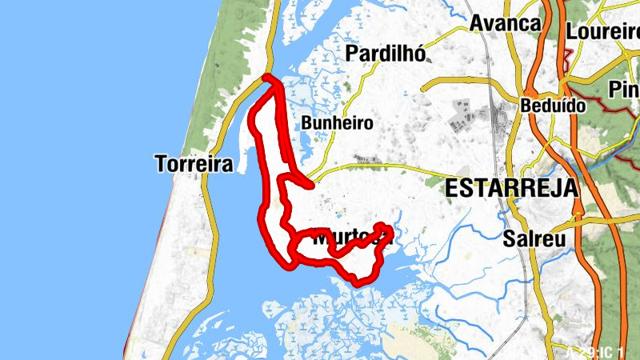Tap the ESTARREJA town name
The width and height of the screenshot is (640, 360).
(x=511, y=188)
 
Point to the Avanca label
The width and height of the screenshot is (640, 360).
(x=505, y=23)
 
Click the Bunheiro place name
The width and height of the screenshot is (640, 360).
(x=338, y=123)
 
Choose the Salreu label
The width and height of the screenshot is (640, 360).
(x=534, y=238)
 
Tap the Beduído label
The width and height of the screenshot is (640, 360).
(x=553, y=105)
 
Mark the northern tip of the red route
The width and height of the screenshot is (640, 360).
(x=266, y=78)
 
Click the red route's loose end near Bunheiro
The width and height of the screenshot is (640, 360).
(x=309, y=185)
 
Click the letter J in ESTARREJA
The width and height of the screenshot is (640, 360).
(x=554, y=188)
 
